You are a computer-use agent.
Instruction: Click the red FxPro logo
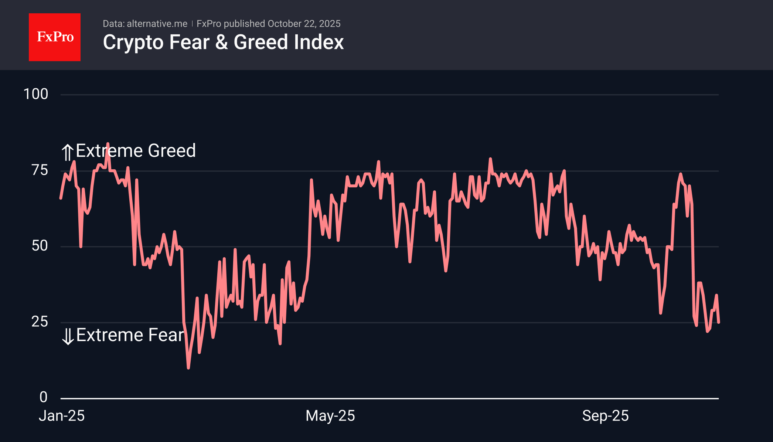click(55, 37)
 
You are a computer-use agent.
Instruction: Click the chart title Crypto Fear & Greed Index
click(223, 42)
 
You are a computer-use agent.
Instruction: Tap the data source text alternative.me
click(157, 24)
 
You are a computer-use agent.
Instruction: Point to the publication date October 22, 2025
click(304, 24)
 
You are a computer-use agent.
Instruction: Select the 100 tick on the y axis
click(36, 94)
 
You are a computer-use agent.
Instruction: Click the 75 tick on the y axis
click(40, 170)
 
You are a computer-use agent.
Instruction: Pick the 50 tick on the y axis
click(40, 246)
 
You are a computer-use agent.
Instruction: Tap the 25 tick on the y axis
click(40, 322)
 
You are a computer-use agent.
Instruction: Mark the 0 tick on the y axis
click(44, 397)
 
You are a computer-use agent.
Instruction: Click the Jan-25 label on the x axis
click(62, 416)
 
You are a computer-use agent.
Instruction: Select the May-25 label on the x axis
click(330, 416)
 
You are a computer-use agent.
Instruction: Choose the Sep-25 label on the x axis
click(605, 416)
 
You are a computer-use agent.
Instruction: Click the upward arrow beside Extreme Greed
click(67, 152)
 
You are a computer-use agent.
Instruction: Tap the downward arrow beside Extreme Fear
click(68, 336)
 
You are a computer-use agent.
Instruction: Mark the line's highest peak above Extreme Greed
click(108, 144)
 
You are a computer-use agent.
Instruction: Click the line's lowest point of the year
click(188, 368)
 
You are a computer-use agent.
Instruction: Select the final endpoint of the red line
click(718, 322)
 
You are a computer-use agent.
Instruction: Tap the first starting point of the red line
click(61, 198)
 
